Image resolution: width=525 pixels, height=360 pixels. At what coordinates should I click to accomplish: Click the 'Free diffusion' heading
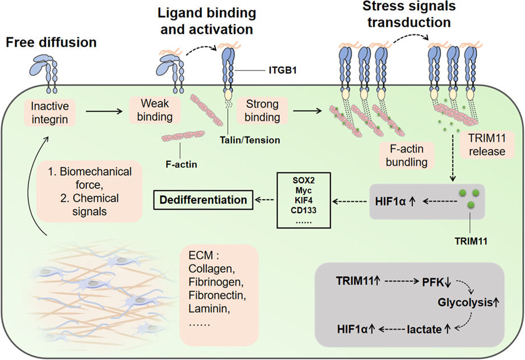pyautogui.click(x=51, y=43)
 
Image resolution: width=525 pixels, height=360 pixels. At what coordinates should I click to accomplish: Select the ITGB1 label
pyautogui.click(x=283, y=71)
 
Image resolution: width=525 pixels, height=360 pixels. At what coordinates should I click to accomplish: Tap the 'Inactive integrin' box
pyautogui.click(x=49, y=113)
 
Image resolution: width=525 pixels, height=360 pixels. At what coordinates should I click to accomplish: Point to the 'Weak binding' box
pyautogui.click(x=155, y=110)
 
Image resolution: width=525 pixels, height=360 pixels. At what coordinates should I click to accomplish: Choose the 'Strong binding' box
pyautogui.click(x=262, y=110)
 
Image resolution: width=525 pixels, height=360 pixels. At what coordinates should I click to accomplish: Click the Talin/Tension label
pyautogui.click(x=250, y=140)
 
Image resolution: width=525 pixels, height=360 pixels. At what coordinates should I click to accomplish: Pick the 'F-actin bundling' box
pyautogui.click(x=407, y=155)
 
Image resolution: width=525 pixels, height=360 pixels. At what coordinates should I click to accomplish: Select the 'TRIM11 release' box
pyautogui.click(x=487, y=144)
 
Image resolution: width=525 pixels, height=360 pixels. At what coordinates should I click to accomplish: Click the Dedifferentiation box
pyautogui.click(x=203, y=200)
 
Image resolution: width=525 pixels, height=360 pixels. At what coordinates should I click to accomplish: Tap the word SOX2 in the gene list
pyautogui.click(x=303, y=180)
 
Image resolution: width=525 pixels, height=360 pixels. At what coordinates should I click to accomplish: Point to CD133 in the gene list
pyautogui.click(x=303, y=210)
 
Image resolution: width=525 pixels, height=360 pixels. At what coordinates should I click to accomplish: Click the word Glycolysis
pyautogui.click(x=465, y=303)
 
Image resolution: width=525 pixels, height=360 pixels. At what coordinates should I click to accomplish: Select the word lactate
pyautogui.click(x=424, y=329)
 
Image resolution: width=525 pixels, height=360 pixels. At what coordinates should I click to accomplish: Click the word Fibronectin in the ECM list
pyautogui.click(x=217, y=295)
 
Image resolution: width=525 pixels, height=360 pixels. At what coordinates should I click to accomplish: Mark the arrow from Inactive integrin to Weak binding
pyautogui.click(x=104, y=111)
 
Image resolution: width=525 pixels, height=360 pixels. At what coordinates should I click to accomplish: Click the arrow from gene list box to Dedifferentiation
pyautogui.click(x=264, y=200)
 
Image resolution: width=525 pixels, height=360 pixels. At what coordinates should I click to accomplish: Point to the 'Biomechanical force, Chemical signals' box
pyautogui.click(x=89, y=191)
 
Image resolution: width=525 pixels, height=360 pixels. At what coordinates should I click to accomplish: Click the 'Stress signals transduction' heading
pyautogui.click(x=409, y=14)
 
